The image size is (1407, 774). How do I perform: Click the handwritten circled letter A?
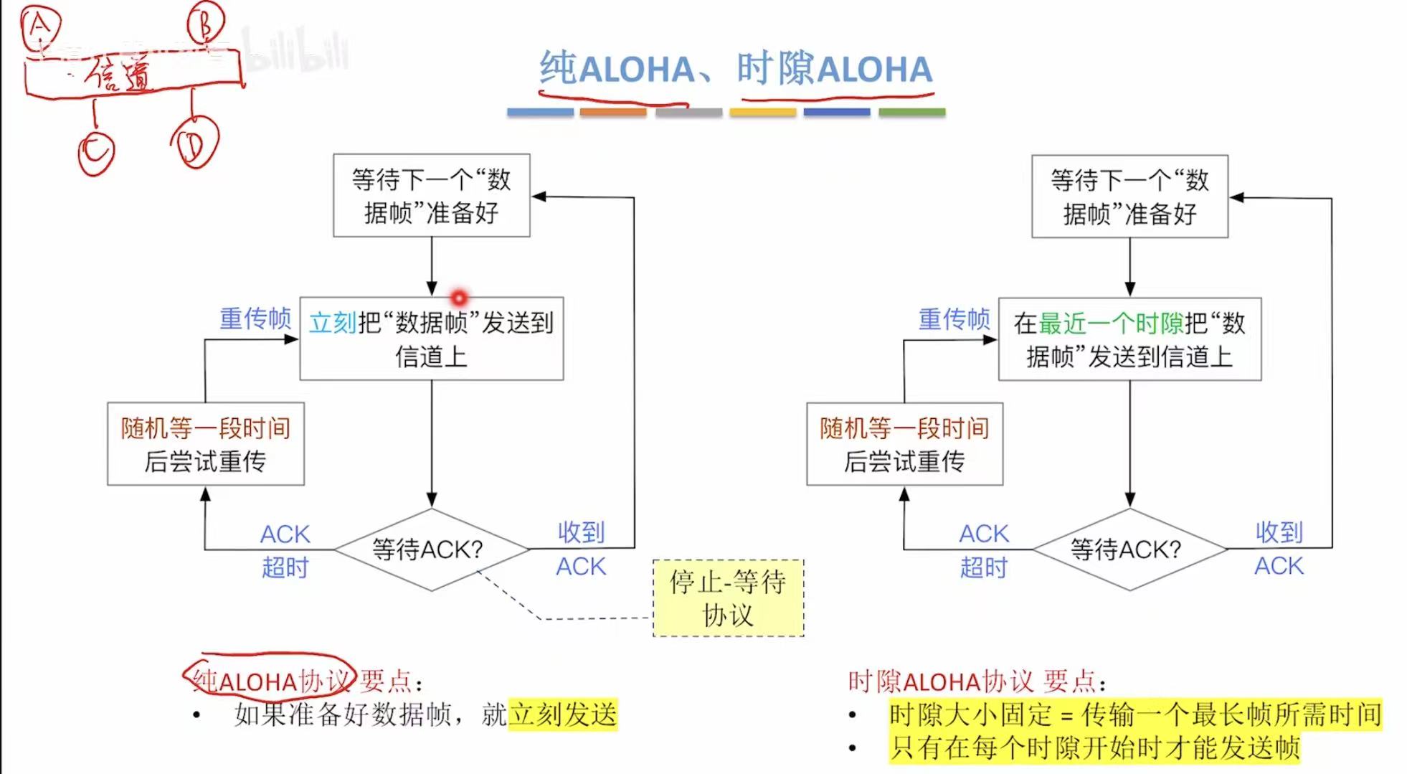(40, 27)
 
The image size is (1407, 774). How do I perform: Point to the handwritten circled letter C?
(96, 151)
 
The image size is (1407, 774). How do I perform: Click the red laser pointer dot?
(459, 297)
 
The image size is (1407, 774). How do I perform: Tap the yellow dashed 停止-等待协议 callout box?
(728, 598)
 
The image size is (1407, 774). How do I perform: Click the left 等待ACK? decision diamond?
(431, 549)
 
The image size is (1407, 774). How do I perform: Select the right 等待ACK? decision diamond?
(1129, 549)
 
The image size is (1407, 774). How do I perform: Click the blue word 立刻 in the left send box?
(332, 323)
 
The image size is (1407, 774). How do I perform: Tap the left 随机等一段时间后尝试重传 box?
(206, 444)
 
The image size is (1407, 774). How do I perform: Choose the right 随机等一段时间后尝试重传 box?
(904, 444)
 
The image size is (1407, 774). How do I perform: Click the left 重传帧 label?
(255, 318)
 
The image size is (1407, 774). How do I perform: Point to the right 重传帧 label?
(954, 318)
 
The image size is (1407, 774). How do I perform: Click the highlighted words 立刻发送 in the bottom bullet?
(563, 714)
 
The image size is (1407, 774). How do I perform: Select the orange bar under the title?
(612, 113)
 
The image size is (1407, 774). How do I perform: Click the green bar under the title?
(911, 113)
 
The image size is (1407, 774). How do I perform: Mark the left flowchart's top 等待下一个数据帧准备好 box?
(431, 195)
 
